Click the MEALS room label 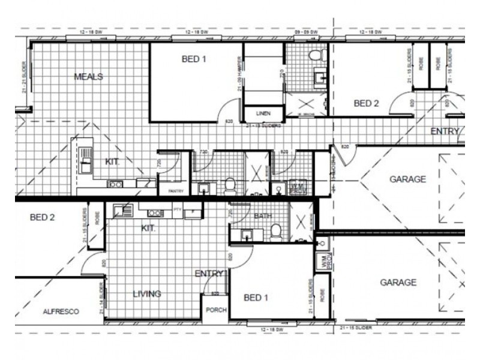tap(88, 77)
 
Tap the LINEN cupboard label tap(263, 113)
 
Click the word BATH tap(263, 215)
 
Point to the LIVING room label tap(147, 294)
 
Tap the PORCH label tap(215, 310)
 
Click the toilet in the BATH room tap(276, 231)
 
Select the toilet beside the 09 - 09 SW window tap(316, 56)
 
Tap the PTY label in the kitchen tap(177, 209)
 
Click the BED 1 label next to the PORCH tap(256, 298)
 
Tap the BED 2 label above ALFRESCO tap(42, 217)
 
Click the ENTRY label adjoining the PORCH tap(209, 274)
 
